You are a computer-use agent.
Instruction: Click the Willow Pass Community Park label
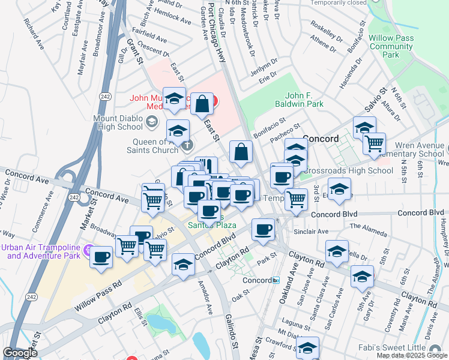coord(391,46)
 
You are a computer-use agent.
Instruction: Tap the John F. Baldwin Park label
coord(304,100)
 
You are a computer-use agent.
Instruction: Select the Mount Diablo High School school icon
coord(152,123)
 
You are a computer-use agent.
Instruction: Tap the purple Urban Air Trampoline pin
coord(89,248)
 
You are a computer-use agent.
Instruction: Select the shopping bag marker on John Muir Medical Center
coord(202,104)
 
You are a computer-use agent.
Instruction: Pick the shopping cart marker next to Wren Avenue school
coord(375,143)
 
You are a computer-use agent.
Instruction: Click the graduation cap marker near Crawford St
coord(308,348)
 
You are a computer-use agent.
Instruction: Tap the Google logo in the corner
coord(20,353)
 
